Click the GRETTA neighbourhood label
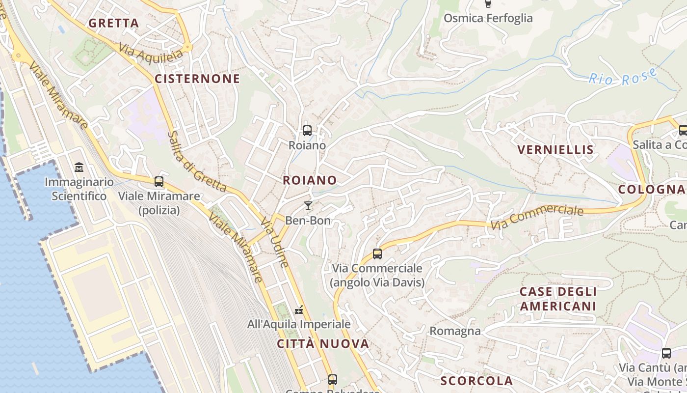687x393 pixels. (114, 23)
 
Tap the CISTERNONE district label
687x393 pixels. (197, 79)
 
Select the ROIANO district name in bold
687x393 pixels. (310, 180)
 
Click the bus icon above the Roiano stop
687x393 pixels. (307, 131)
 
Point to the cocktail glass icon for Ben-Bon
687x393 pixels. (308, 205)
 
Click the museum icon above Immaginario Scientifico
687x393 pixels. (79, 168)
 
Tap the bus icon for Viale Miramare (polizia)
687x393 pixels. (159, 182)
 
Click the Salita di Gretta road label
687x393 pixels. (196, 162)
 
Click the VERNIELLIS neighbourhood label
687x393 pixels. (556, 149)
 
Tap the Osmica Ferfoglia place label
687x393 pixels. (488, 18)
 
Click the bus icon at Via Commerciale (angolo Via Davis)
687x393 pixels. (377, 254)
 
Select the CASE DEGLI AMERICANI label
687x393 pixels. (558, 299)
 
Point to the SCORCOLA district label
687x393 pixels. (476, 381)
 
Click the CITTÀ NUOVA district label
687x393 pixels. (323, 344)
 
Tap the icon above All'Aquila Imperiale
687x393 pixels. (298, 310)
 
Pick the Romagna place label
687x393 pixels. (455, 331)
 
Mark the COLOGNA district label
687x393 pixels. (651, 189)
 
